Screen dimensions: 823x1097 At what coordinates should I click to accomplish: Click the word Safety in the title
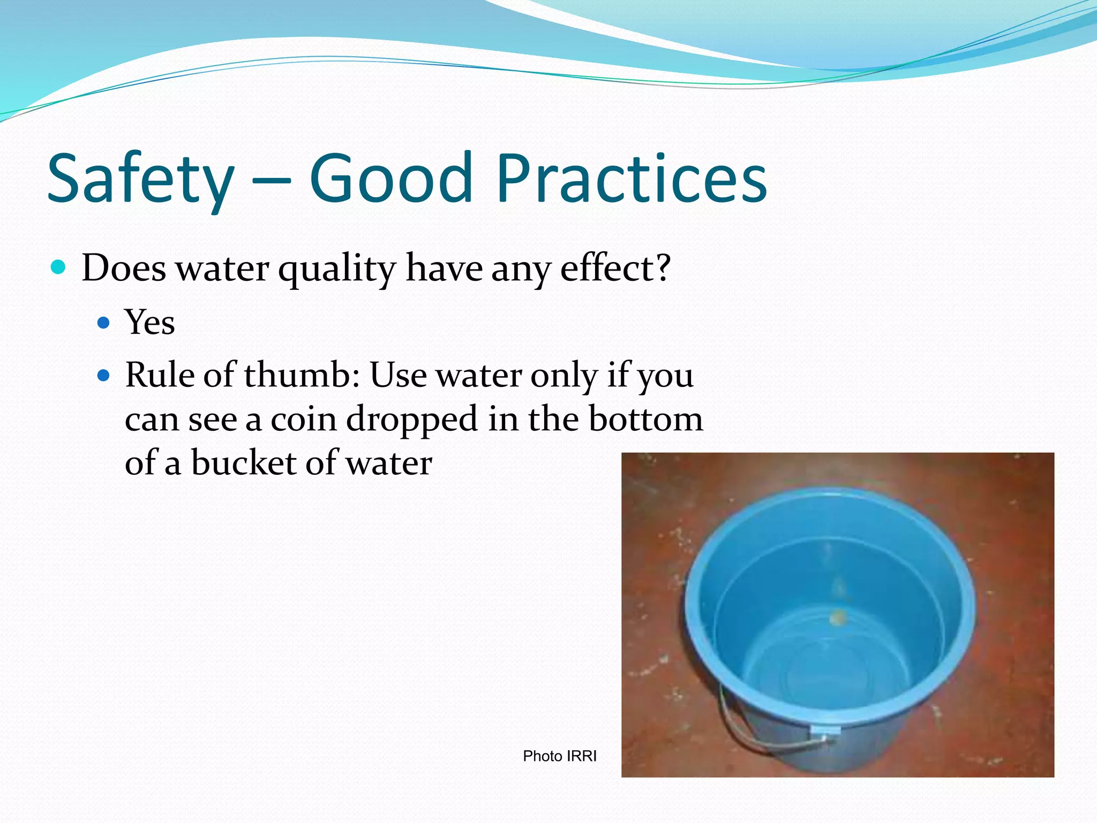click(140, 179)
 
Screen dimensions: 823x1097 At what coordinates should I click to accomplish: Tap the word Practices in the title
click(632, 179)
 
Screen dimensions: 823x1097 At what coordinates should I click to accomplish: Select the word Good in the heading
click(390, 179)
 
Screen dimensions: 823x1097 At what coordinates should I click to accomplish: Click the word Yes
click(150, 323)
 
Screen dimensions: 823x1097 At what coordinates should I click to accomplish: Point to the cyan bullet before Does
click(58, 267)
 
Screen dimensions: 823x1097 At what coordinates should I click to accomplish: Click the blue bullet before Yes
click(103, 323)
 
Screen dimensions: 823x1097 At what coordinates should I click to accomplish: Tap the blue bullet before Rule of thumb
click(103, 376)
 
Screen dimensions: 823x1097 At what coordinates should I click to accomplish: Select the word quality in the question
click(336, 269)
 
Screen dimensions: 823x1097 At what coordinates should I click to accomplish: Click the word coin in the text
click(304, 419)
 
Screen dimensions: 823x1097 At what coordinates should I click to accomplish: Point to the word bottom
click(645, 419)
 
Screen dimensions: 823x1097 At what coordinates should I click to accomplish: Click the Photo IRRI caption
click(559, 756)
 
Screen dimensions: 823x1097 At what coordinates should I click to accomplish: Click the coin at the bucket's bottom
click(837, 618)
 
